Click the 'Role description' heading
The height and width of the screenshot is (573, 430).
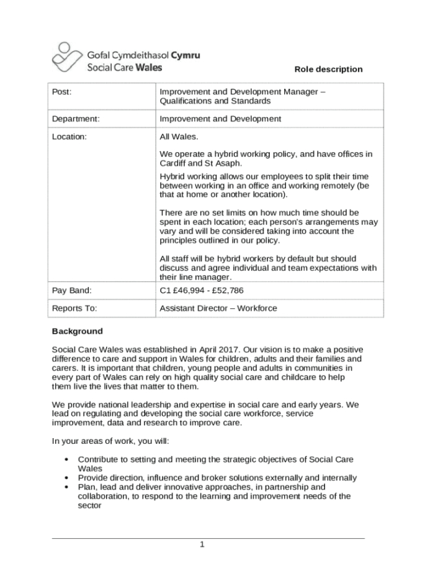328,69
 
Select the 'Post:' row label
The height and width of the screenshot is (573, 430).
62,92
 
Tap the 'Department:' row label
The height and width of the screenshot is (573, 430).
76,119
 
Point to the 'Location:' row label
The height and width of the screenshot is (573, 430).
69,137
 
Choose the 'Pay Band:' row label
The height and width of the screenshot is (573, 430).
72,290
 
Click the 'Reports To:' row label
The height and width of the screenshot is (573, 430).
74,308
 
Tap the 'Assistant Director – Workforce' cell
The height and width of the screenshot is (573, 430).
218,308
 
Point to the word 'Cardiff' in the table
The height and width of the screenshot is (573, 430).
173,163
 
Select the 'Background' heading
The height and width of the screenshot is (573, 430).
77,331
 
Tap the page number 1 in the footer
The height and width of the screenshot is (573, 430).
202,545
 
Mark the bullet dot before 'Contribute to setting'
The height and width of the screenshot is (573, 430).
66,459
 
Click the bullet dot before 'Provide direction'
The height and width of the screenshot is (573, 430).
66,478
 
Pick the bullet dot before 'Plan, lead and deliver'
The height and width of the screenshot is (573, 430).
66,487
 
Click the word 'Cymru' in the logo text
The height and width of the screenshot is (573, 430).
185,55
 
